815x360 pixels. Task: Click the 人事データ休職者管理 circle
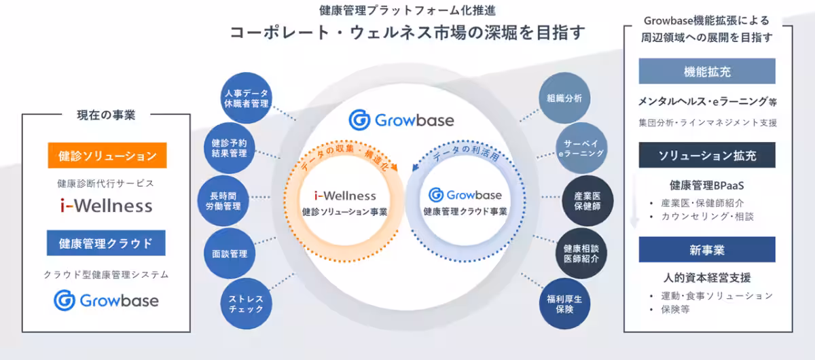[x=246, y=98]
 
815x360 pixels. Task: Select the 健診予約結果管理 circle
[x=229, y=148]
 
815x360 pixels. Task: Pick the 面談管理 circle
[x=230, y=254]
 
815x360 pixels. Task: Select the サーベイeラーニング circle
[x=580, y=148]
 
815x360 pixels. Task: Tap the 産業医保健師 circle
[x=587, y=201]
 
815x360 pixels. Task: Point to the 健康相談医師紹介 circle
[x=581, y=253]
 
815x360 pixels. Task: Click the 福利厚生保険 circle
[x=564, y=303]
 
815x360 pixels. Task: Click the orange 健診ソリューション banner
[x=107, y=156]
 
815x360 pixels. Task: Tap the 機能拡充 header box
[x=707, y=71]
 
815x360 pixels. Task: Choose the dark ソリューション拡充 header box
[x=707, y=156]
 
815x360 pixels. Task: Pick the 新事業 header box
[x=707, y=249]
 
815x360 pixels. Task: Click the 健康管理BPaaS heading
[x=707, y=185]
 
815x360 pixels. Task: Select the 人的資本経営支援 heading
[x=707, y=278]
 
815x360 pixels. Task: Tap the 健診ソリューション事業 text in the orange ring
[x=345, y=212]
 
